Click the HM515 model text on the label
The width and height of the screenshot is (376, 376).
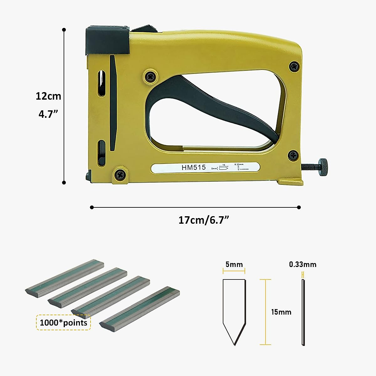coord(194,168)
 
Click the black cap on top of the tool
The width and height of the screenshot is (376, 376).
coord(107,40)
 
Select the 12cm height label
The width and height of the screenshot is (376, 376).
coord(48,96)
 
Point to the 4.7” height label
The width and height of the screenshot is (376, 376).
coord(48,114)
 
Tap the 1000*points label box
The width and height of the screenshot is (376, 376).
coord(64,322)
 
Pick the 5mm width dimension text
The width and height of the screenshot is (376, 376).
coord(234,264)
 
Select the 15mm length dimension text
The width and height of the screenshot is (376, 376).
coord(281,312)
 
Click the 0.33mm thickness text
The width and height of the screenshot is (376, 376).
coord(302,264)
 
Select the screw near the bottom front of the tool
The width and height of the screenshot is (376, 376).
coord(120,174)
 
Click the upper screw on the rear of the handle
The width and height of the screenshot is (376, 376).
coord(294,67)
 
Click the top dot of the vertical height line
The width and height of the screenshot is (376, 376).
coord(64,30)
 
